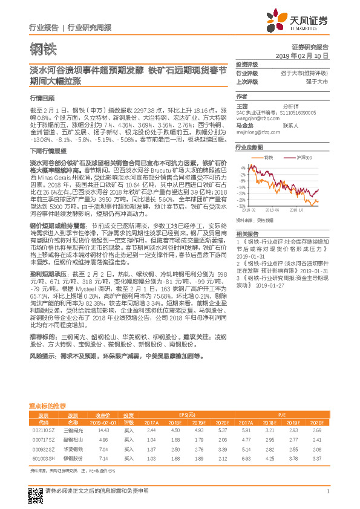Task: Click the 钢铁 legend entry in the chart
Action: [269, 158]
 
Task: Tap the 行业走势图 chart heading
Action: [249, 147]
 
